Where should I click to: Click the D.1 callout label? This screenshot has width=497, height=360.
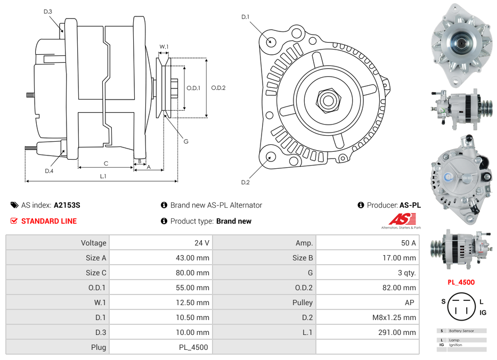(245, 17)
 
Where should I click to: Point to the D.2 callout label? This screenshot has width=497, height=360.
(245, 183)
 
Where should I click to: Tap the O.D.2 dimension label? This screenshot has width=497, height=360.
(218, 88)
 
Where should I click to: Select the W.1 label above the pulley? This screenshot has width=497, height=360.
(164, 47)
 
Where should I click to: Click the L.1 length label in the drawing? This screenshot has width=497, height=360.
(103, 176)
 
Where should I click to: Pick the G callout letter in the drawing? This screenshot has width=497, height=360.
(186, 141)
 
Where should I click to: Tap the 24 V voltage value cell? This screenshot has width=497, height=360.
(202, 243)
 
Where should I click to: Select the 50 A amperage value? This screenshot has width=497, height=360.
(408, 243)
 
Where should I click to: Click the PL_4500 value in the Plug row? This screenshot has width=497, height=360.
(194, 347)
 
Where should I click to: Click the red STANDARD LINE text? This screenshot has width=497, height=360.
(49, 221)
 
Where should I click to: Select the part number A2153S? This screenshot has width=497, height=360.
(67, 205)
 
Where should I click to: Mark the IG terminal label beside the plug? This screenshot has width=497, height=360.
(483, 313)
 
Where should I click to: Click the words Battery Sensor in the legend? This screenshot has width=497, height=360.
(461, 331)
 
